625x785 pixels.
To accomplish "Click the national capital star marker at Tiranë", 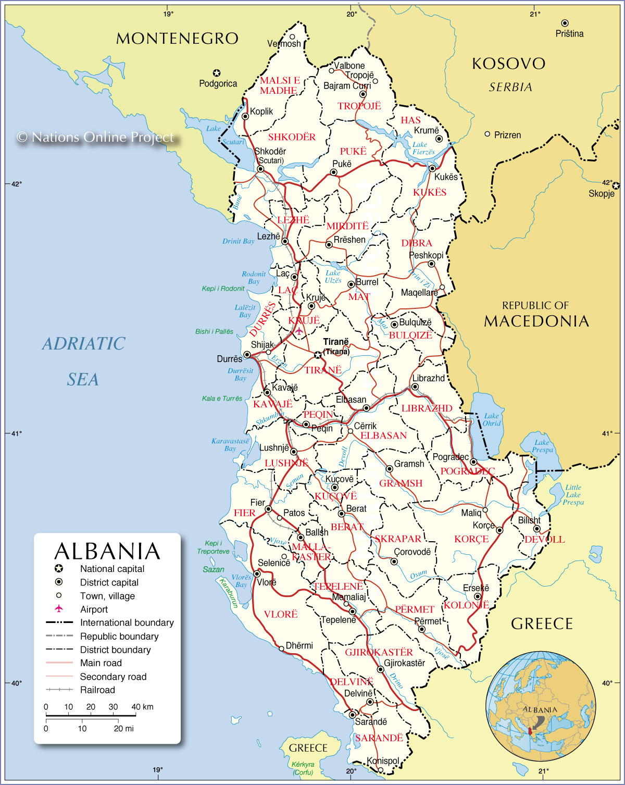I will (x=318, y=355).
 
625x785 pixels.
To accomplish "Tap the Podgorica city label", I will (x=218, y=83).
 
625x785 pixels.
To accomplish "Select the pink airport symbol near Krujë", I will (x=298, y=330).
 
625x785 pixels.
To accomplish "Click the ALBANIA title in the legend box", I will (x=107, y=551).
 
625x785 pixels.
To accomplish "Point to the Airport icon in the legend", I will (x=59, y=609).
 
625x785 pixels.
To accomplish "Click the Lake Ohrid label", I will (x=491, y=419).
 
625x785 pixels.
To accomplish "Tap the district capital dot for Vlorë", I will (x=257, y=574).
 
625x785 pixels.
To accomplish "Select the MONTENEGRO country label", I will (x=177, y=39).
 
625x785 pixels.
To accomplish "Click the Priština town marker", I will (x=565, y=23).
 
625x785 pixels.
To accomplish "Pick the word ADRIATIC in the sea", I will (x=83, y=344).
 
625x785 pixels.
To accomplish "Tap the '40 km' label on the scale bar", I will (x=142, y=707).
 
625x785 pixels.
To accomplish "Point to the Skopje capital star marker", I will (x=616, y=186).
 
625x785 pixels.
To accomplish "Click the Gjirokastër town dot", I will (x=380, y=669).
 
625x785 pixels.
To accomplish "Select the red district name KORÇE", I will (x=471, y=539).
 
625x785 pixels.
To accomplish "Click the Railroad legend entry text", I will (x=97, y=690).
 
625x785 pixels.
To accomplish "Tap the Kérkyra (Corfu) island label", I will (x=303, y=768).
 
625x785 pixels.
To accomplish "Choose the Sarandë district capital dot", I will (x=353, y=715).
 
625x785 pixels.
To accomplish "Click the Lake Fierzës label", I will (x=423, y=148).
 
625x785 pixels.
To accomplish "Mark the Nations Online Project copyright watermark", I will (x=95, y=137).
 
